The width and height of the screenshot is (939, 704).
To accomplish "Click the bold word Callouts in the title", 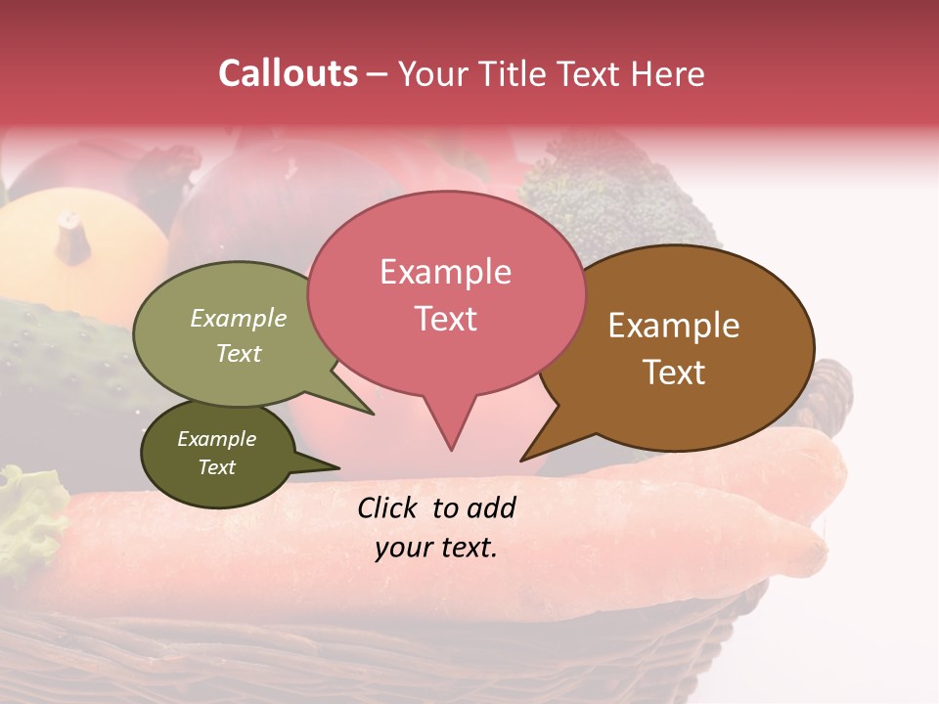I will pos(288,73).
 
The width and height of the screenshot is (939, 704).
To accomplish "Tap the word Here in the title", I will pos(669,74).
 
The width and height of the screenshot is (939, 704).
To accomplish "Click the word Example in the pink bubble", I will pos(445,272).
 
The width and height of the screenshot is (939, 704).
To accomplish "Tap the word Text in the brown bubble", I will pos(673,372).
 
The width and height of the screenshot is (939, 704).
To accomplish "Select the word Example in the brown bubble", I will pos(674,326).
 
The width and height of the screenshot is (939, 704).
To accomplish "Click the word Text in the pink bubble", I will pos(445,319).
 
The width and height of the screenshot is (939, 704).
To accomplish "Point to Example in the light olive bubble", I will pos(239,318).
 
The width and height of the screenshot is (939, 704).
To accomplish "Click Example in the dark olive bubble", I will pos(216,439).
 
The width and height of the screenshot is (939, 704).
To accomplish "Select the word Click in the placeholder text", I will pos(389,507).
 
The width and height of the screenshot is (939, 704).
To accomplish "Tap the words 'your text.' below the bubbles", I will pos(436,548).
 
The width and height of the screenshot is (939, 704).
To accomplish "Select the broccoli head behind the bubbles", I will pos(606,196).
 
